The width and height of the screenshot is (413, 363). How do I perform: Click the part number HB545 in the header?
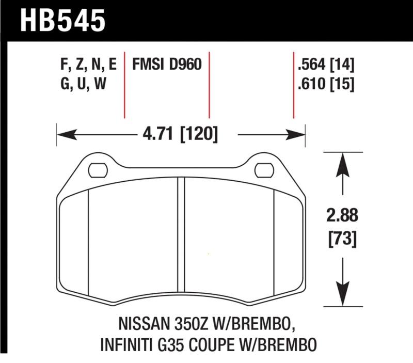[x=62, y=21]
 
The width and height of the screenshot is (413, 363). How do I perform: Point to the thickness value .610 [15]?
[x=325, y=83]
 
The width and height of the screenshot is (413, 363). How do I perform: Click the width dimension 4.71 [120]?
[x=180, y=135]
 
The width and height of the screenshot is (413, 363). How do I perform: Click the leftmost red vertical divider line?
[x=124, y=85]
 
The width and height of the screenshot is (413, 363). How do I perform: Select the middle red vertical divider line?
[x=209, y=85]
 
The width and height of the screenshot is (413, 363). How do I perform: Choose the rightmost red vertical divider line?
[x=294, y=85]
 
